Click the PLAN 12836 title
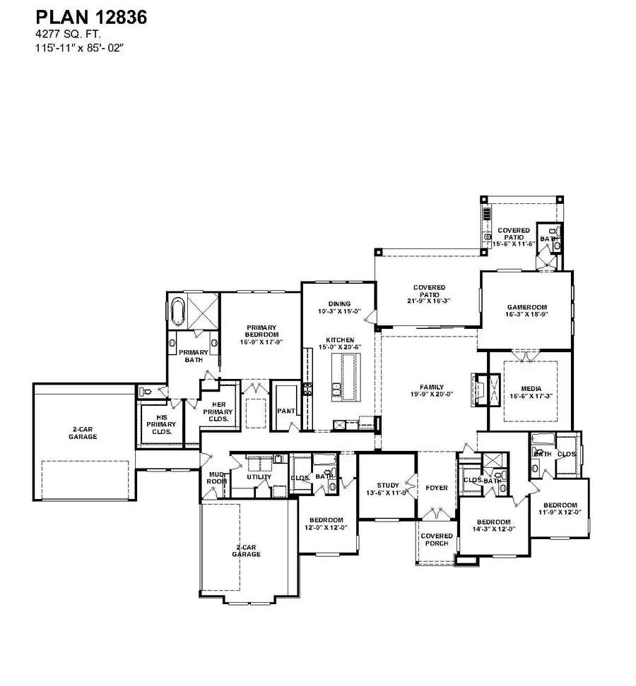[91, 18]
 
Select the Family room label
[431, 390]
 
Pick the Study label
[387, 488]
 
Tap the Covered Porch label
[436, 540]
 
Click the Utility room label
[259, 477]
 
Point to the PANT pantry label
[286, 410]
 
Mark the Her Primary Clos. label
[217, 411]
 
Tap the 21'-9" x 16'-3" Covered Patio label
[429, 294]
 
